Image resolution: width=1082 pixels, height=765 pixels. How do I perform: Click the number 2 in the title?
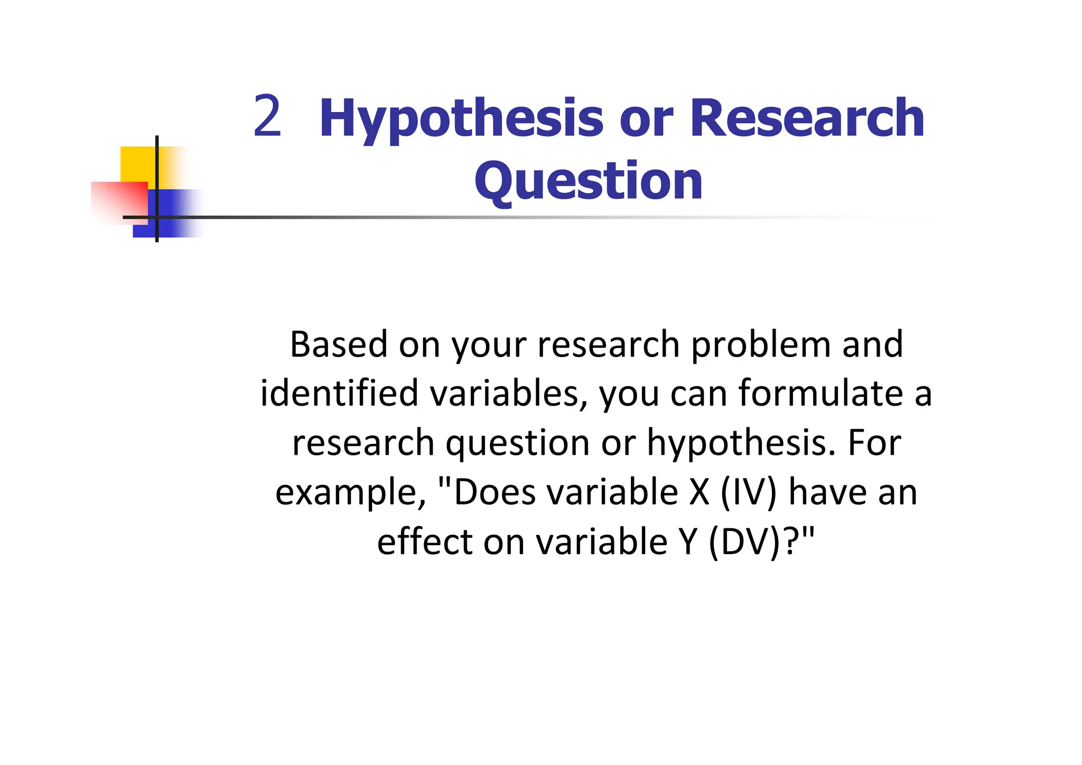click(x=267, y=116)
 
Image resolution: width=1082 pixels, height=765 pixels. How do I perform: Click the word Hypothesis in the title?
click(x=461, y=119)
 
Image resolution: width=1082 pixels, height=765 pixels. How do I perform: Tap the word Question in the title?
click(x=589, y=181)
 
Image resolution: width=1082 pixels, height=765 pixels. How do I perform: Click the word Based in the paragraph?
click(x=339, y=344)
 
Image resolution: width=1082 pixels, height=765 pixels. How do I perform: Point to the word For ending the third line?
click(x=874, y=443)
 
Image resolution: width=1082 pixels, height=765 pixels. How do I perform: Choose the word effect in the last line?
click(x=425, y=542)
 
